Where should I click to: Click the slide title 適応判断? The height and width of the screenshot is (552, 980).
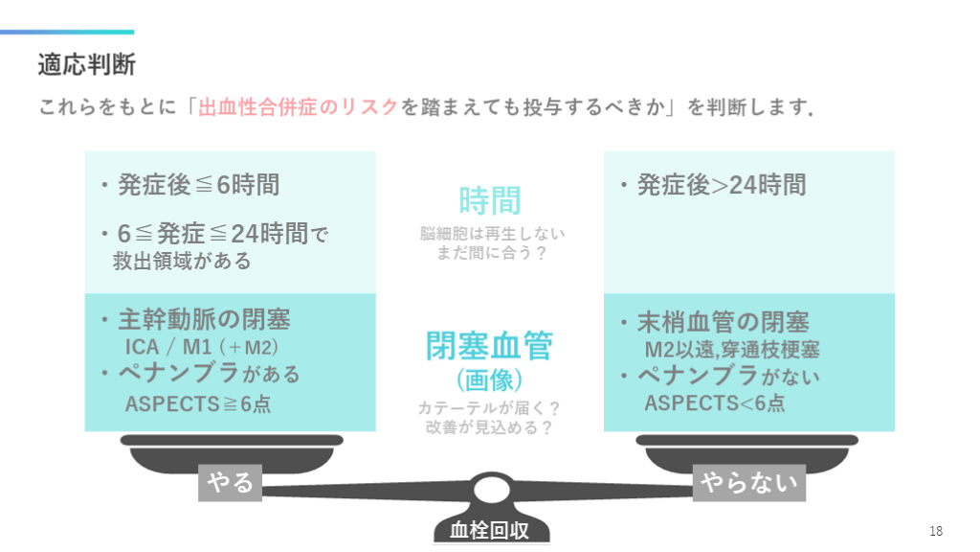pyautogui.click(x=86, y=64)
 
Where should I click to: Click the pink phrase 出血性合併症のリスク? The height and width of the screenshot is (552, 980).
pyautogui.click(x=297, y=106)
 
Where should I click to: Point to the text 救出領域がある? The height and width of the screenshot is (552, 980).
pyautogui.click(x=182, y=260)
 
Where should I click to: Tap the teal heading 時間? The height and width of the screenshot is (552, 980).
pyautogui.click(x=489, y=201)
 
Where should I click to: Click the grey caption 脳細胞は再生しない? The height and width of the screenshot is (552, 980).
pyautogui.click(x=490, y=233)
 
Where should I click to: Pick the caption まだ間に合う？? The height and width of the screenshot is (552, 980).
pyautogui.click(x=490, y=253)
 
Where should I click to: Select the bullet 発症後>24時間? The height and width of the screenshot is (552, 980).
pyautogui.click(x=721, y=185)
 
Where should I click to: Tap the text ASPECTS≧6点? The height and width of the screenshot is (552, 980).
pyautogui.click(x=198, y=403)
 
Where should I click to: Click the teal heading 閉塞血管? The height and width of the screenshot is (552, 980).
pyautogui.click(x=489, y=346)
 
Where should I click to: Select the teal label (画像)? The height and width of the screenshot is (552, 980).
pyautogui.click(x=489, y=380)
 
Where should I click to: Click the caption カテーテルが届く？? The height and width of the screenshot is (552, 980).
pyautogui.click(x=489, y=407)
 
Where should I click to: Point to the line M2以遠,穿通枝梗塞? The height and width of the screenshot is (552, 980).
pyautogui.click(x=731, y=349)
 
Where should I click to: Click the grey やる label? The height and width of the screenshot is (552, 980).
pyautogui.click(x=230, y=483)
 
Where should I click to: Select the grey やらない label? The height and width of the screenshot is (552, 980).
pyautogui.click(x=748, y=483)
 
